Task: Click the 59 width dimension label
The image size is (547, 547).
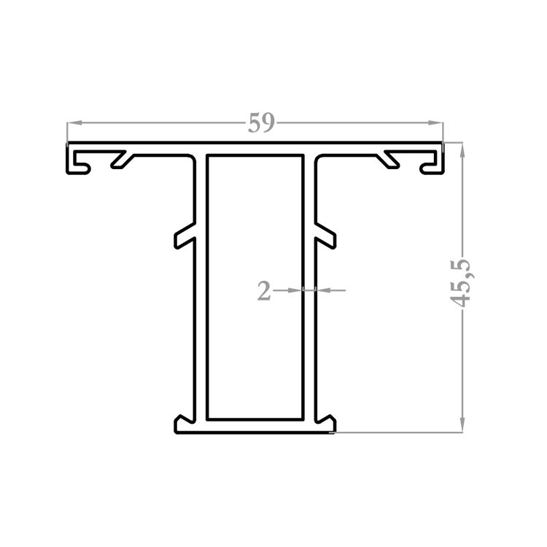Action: tap(261, 123)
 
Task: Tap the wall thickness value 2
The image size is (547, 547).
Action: tap(264, 290)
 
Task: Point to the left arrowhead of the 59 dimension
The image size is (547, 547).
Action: tap(74, 123)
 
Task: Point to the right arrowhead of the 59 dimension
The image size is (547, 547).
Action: tap(435, 123)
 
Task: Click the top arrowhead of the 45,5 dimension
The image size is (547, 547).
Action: tap(462, 150)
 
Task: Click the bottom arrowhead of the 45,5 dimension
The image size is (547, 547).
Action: tap(462, 425)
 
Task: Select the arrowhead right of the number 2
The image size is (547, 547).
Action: tap(295, 290)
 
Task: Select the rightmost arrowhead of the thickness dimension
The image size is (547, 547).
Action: tap(323, 290)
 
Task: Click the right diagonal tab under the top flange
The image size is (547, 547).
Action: tap(388, 160)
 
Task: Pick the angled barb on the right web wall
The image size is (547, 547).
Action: tap(325, 236)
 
